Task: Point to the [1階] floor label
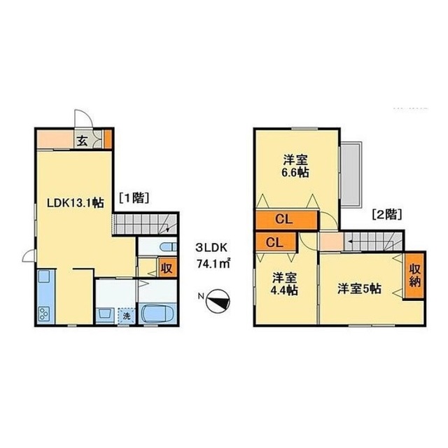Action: (133, 197)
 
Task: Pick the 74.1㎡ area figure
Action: (216, 264)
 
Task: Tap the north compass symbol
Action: (217, 300)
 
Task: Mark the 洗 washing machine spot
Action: (127, 316)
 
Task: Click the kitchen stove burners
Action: (44, 314)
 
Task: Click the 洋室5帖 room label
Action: (358, 288)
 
